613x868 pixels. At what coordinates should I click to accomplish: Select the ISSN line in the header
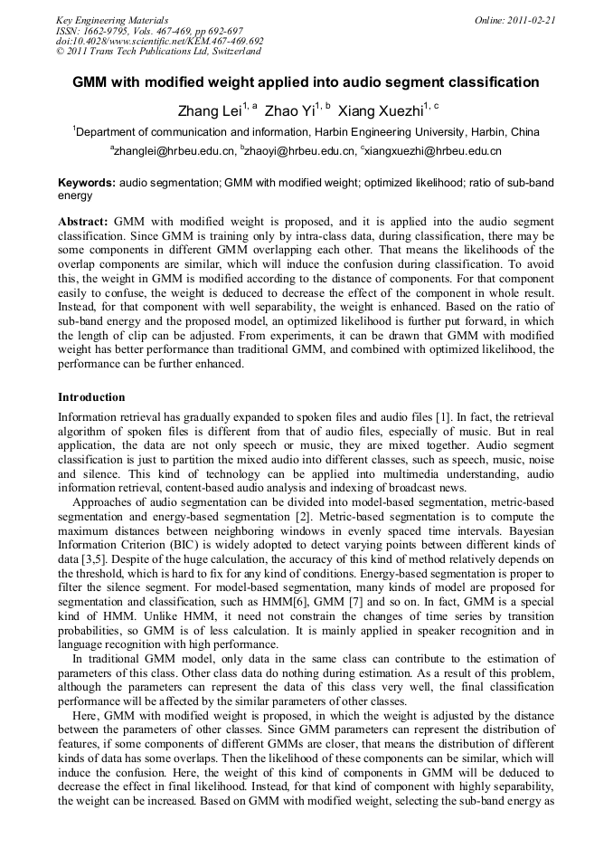pos(143,30)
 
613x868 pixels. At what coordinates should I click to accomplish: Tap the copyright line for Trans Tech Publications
pos(158,52)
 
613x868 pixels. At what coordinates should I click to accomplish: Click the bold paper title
pos(306,82)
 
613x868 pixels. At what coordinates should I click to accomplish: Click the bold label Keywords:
pos(86,183)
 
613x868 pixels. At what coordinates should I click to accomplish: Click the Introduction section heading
pos(91,397)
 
